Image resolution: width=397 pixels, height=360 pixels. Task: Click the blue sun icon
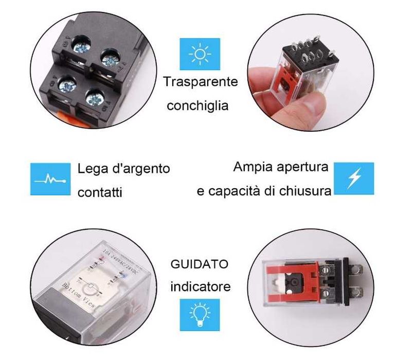[200, 53]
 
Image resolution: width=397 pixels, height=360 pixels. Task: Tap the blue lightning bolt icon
[354, 178]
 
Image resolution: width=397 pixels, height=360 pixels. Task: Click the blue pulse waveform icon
[50, 179]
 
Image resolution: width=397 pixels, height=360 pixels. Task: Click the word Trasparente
[201, 82]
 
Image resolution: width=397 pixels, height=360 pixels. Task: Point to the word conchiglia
[197, 106]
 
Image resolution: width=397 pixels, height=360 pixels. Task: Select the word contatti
[100, 193]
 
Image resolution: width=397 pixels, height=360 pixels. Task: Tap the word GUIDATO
[199, 264]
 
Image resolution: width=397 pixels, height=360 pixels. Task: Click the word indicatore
[201, 286]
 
